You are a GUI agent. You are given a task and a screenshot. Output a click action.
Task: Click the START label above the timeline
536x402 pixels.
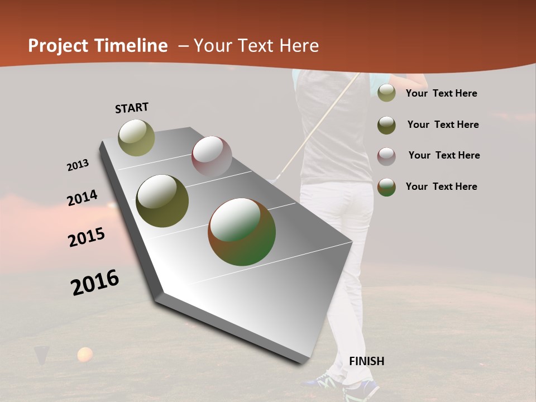(x=132, y=108)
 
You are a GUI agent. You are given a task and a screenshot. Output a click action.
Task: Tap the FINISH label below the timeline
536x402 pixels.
(x=366, y=361)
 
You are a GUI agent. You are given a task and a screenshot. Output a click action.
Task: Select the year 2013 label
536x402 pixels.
(x=78, y=165)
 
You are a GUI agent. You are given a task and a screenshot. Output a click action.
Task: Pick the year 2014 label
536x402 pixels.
(x=82, y=198)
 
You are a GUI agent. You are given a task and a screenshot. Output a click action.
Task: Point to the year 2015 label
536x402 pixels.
(x=87, y=237)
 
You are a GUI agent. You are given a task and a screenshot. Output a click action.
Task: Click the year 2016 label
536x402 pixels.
(x=95, y=282)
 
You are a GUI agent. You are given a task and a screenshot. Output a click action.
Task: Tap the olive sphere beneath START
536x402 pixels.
(x=137, y=137)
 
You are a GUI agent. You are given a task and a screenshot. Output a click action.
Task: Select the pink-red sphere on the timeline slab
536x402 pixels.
(x=212, y=156)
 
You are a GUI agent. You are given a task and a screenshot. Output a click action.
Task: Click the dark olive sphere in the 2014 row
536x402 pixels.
(x=162, y=201)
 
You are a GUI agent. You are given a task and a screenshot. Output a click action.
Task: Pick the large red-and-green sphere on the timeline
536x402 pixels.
(x=242, y=232)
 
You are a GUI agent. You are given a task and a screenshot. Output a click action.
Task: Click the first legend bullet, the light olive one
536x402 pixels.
(x=386, y=93)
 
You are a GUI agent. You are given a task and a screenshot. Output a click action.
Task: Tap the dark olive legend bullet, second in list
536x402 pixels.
(x=386, y=125)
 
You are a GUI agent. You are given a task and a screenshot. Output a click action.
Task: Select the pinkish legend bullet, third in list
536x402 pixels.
(x=386, y=156)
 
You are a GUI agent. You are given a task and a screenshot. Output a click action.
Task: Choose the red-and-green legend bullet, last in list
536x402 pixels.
(x=386, y=187)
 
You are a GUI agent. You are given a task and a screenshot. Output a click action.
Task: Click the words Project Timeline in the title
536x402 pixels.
(x=98, y=46)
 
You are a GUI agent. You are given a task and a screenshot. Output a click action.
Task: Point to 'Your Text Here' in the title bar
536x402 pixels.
(x=256, y=46)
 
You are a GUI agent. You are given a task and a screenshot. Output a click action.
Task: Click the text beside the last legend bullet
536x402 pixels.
(x=441, y=186)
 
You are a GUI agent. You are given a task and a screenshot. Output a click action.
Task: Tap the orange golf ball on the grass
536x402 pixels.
(x=85, y=355)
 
